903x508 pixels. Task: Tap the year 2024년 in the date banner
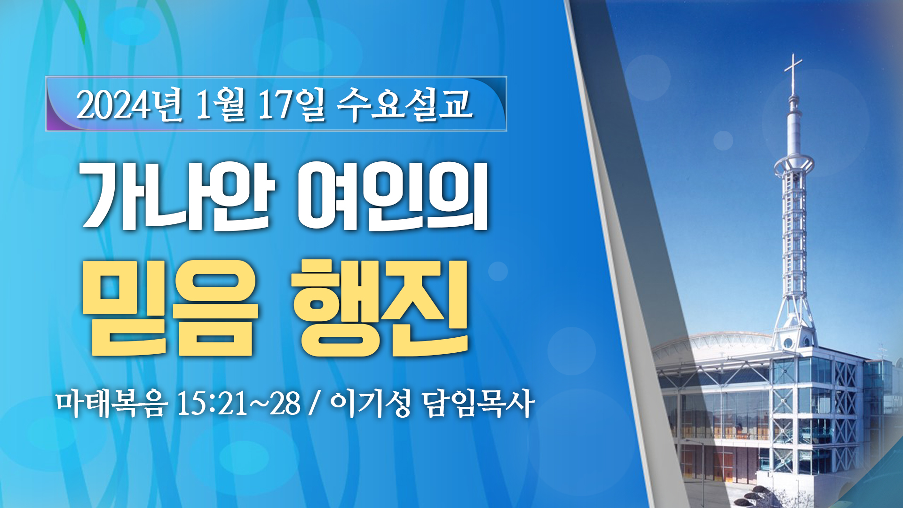(x=129, y=105)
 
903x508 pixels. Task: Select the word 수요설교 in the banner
(x=404, y=104)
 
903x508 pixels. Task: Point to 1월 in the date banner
(x=220, y=105)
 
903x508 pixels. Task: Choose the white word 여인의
(x=393, y=196)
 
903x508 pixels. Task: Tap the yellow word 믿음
(x=170, y=308)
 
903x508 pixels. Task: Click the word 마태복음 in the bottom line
(x=111, y=404)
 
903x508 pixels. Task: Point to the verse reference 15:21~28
(x=238, y=404)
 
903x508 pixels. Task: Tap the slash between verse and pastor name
(x=314, y=404)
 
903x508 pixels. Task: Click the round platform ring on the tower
(x=794, y=165)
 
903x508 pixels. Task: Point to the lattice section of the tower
(x=794, y=230)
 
